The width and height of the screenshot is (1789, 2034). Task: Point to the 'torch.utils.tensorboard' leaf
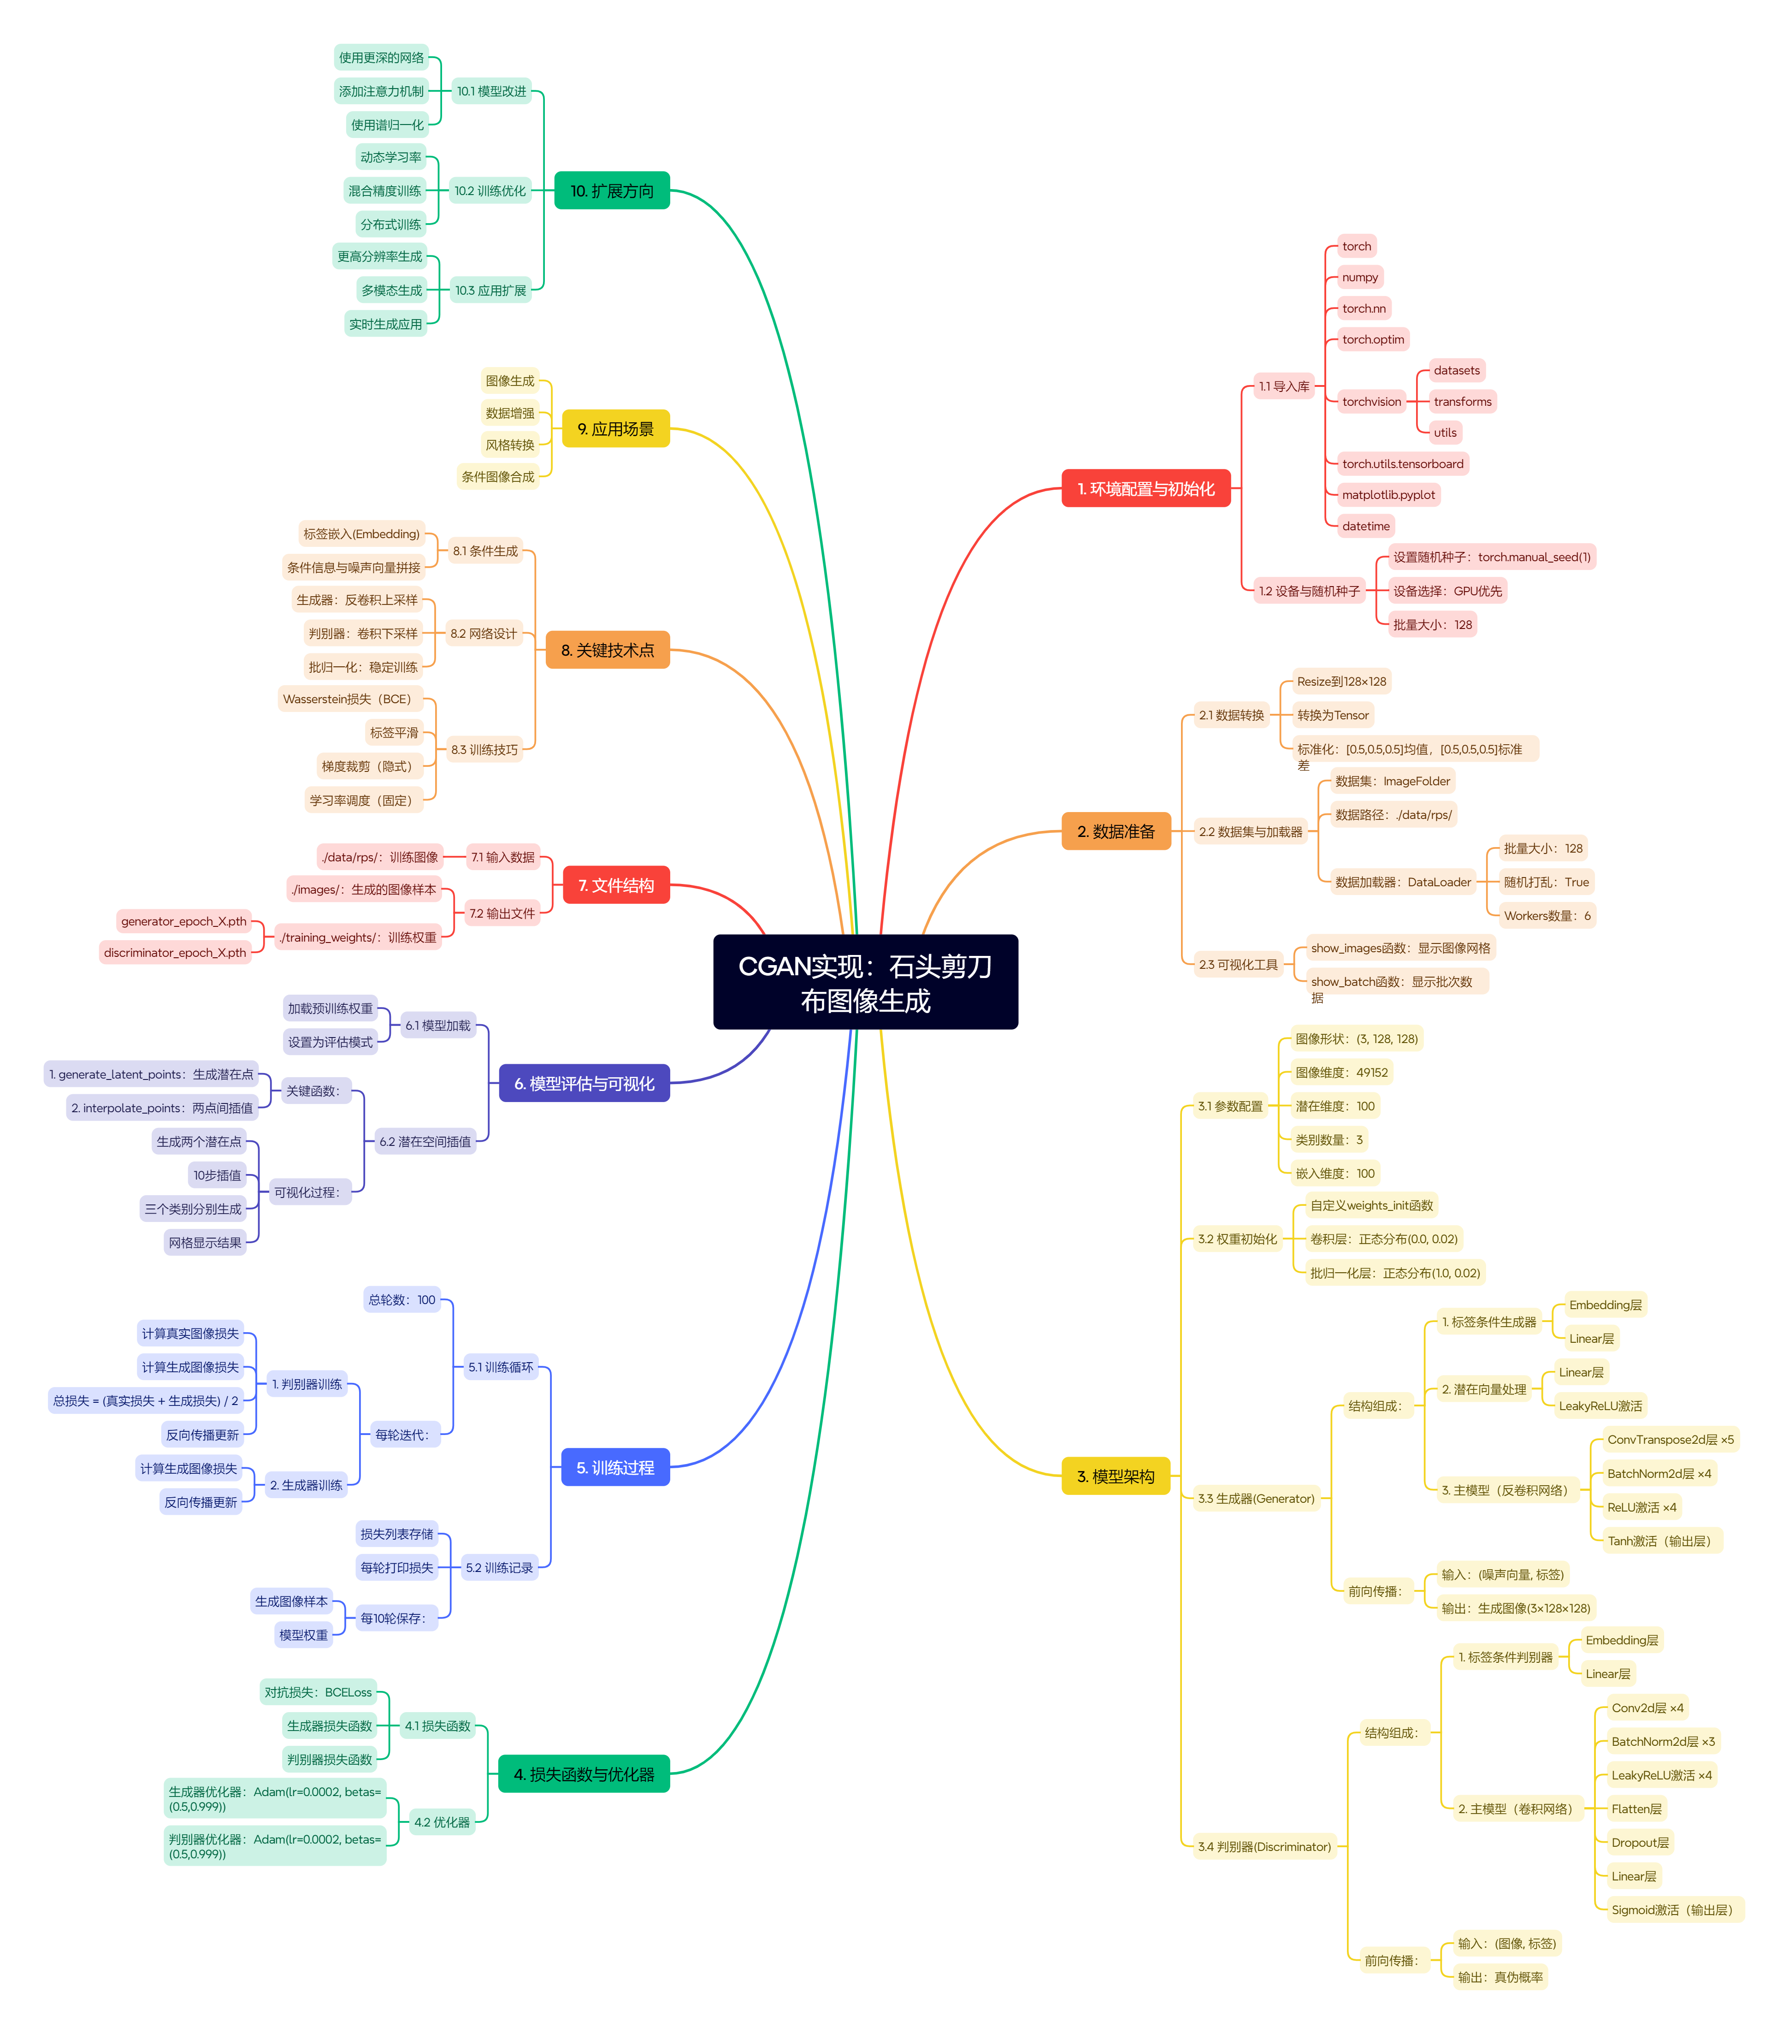(x=1402, y=464)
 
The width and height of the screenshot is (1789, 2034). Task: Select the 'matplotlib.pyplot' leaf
(x=1388, y=495)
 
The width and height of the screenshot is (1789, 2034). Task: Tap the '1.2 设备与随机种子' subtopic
(x=1308, y=591)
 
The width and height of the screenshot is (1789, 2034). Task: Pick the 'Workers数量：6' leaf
(x=1546, y=915)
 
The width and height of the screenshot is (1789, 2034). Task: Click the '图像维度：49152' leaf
(x=1340, y=1073)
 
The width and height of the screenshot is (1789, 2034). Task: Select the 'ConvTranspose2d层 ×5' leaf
(x=1670, y=1440)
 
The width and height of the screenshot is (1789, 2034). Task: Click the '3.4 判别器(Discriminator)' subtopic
(x=1264, y=1847)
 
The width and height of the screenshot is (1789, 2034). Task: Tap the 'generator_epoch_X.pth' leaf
(x=183, y=921)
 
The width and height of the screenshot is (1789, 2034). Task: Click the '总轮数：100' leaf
(x=402, y=1299)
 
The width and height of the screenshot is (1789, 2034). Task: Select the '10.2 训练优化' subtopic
(x=490, y=191)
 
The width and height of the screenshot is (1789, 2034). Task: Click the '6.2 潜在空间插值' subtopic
(x=425, y=1141)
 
